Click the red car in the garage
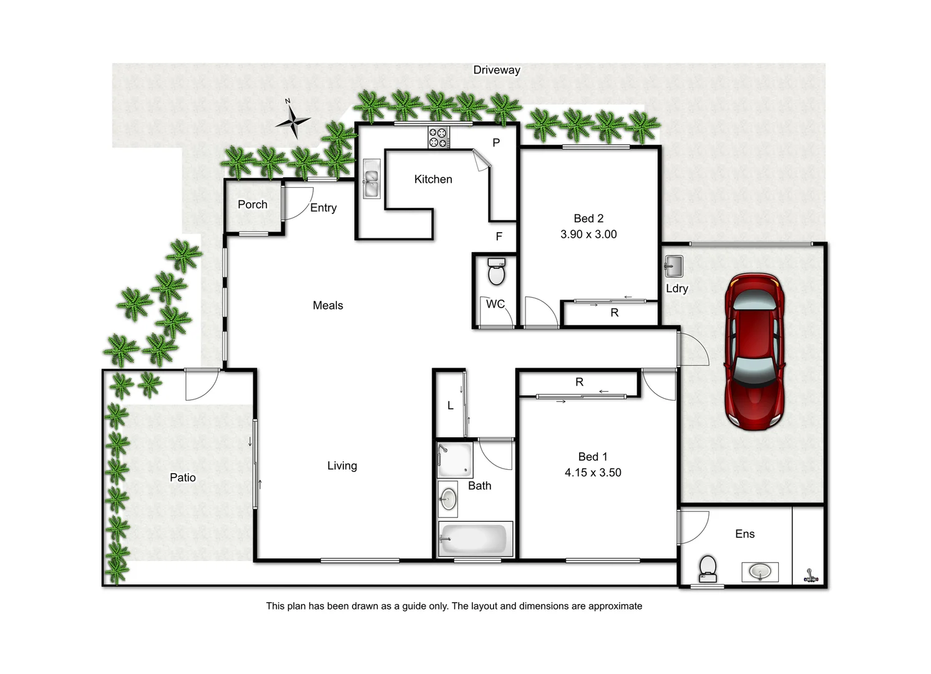754,351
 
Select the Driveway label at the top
496,70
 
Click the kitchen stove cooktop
438,137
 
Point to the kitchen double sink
371,178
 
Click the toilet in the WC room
496,271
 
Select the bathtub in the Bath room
474,539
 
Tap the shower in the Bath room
454,460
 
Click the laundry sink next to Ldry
673,266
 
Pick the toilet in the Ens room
708,568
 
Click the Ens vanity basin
759,571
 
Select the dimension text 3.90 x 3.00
588,235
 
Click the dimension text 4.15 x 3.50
593,473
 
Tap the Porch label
252,205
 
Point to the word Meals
328,305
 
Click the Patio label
182,477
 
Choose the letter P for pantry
496,143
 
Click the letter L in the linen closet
450,406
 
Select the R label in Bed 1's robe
579,382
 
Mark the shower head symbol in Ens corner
810,576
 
